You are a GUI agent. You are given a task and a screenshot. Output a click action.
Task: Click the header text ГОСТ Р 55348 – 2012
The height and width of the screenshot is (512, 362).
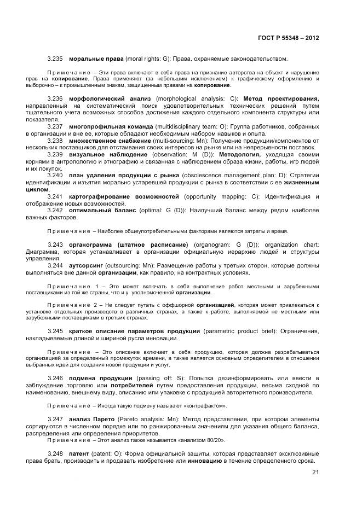click(288, 38)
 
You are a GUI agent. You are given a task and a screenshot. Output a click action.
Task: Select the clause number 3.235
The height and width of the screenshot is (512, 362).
click(55, 59)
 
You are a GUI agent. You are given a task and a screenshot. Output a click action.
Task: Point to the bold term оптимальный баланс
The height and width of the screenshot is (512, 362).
click(101, 210)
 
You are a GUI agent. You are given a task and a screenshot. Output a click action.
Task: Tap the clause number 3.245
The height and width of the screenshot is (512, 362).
click(55, 331)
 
